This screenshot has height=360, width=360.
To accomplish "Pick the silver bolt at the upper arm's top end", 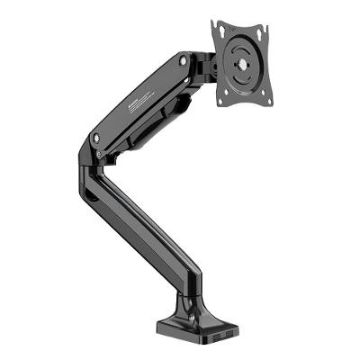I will coord(184,61).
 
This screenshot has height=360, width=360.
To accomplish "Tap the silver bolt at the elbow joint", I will coord(96,139).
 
